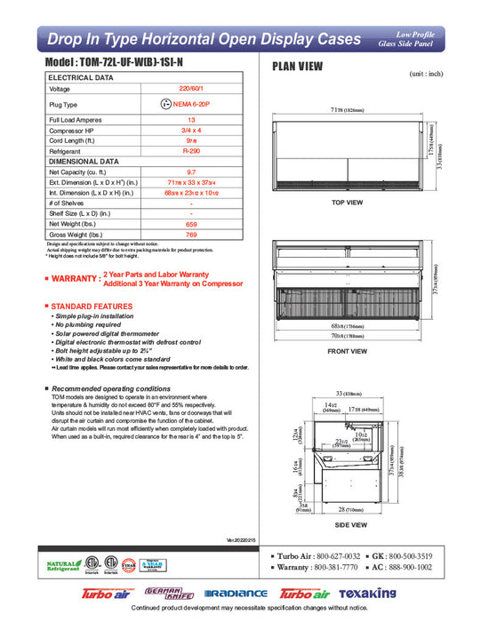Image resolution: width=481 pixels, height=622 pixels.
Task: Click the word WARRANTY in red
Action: pyautogui.click(x=75, y=279)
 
